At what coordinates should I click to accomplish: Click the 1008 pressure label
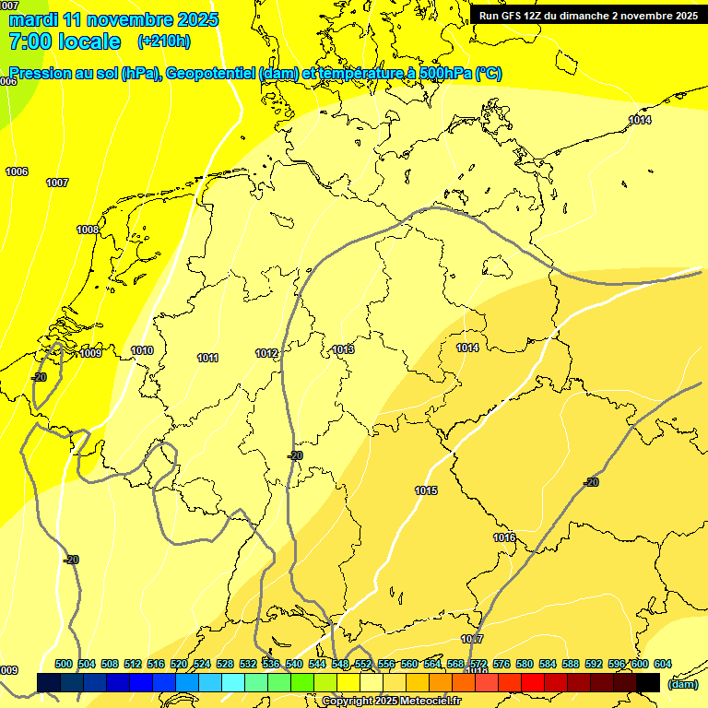[88, 230]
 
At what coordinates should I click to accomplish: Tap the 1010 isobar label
[142, 350]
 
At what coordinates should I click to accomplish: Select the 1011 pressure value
[207, 358]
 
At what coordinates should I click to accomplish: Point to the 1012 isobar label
[266, 353]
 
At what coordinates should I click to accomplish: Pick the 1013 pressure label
[344, 349]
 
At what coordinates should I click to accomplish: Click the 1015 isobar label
[426, 490]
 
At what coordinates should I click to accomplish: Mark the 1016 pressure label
[503, 537]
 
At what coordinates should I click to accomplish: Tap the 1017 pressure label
[472, 639]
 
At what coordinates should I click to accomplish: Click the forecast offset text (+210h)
[163, 41]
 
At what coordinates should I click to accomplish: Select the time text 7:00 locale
[65, 41]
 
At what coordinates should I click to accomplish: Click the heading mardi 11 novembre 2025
[113, 19]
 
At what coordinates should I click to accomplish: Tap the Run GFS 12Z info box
[588, 16]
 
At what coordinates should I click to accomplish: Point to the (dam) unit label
[682, 684]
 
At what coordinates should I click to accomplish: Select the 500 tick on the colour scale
[64, 664]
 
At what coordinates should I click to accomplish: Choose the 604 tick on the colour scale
[662, 664]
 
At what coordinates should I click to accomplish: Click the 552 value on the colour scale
[363, 664]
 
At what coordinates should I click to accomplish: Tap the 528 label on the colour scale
[225, 664]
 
